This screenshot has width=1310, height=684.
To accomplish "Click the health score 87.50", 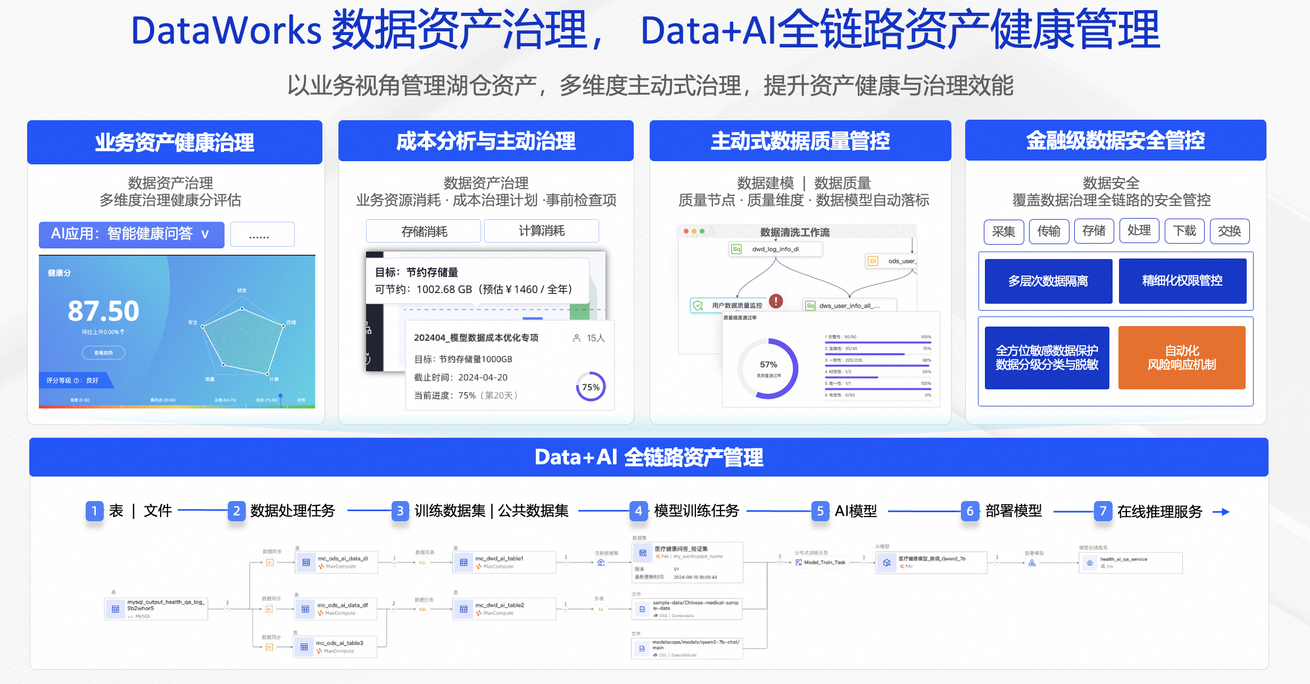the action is tap(103, 311).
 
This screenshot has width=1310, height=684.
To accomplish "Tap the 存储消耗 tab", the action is tap(424, 231).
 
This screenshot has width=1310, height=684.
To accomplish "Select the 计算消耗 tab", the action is tap(541, 231).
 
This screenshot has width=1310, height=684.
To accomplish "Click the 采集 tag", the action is tap(1004, 231).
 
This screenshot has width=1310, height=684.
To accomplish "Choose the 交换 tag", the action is tap(1229, 231).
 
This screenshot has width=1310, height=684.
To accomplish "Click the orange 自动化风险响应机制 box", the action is tap(1181, 357).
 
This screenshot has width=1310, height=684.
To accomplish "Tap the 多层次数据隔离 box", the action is tap(1048, 281).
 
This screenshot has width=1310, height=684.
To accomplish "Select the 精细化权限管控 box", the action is tap(1182, 281).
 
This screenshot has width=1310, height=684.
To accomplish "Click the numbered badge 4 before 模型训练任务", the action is tap(639, 511).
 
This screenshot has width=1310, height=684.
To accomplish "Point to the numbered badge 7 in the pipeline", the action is tap(1102, 511).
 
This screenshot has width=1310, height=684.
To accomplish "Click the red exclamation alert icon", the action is tap(776, 301).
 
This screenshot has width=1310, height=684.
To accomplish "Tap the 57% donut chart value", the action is tap(768, 365).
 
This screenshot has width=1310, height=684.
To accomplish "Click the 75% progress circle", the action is tap(591, 387).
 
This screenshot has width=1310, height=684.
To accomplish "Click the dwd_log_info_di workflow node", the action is tap(775, 249).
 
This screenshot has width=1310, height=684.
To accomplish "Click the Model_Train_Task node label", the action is tap(824, 562).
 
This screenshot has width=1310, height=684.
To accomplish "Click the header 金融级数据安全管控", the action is tap(1115, 140).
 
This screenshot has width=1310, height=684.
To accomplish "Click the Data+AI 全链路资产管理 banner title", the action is tap(649, 457).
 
